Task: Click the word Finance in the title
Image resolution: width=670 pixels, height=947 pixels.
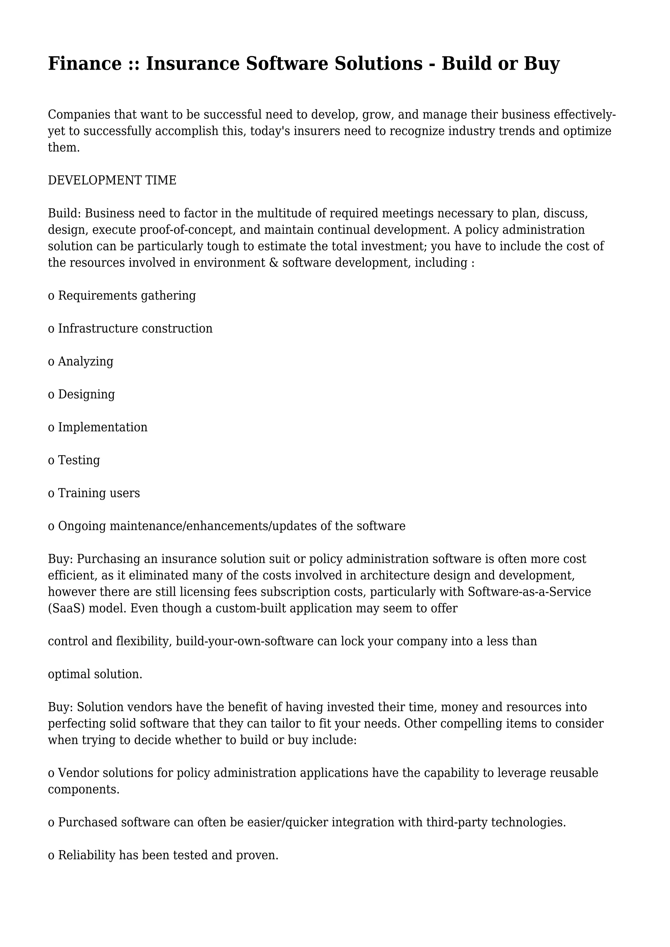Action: tap(85, 64)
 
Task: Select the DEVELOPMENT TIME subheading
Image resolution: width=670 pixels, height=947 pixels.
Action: tap(112, 180)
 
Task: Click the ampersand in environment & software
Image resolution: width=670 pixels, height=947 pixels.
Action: tap(273, 263)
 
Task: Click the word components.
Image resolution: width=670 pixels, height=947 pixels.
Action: tap(84, 789)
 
